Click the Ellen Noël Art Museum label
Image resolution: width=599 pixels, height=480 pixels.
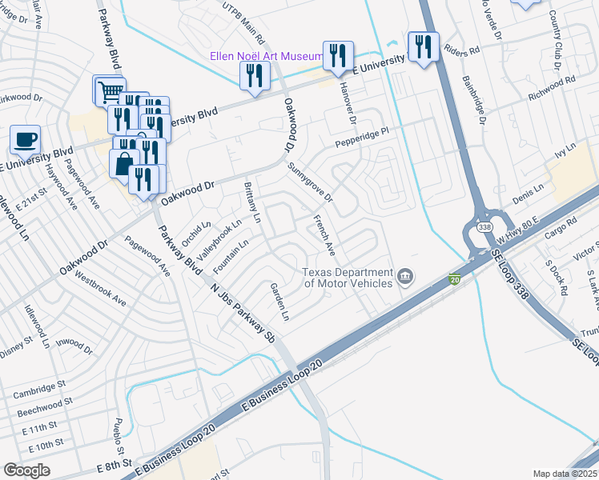pyautogui.click(x=265, y=56)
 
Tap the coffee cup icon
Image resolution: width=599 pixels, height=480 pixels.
pyautogui.click(x=25, y=139)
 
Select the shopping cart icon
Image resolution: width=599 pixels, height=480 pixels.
pyautogui.click(x=110, y=90)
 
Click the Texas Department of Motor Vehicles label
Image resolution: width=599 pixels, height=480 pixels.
pyautogui.click(x=347, y=277)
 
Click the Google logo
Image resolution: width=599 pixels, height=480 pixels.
pyautogui.click(x=26, y=470)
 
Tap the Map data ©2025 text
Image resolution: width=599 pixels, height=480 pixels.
pyautogui.click(x=565, y=474)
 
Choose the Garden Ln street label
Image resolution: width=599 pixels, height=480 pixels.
pyautogui.click(x=279, y=301)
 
